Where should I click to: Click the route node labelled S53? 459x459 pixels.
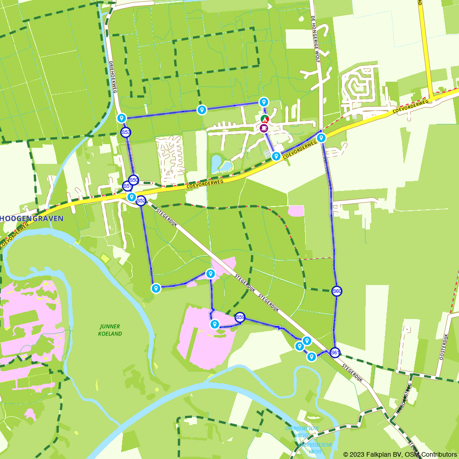coord(125,133)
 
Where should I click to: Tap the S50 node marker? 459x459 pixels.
coord(134,180)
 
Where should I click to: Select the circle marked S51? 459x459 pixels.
coord(128,186)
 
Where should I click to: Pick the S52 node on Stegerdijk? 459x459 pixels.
coord(141,201)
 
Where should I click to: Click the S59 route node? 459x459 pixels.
coord(240,317)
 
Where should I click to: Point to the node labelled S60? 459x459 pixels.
coord(337,291)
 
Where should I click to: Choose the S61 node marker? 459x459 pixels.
coord(335,353)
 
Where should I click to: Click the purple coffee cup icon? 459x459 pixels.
coord(264,128)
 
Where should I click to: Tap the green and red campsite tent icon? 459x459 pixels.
coord(264,119)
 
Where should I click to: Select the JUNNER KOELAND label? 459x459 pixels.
coord(110,330)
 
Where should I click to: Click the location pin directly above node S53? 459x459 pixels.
coord(122,118)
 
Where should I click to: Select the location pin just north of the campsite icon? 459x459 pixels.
coord(263,101)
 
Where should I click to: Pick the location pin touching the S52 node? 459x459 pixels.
coord(132,197)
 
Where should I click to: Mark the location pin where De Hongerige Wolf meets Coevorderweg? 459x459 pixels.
coord(321,137)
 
